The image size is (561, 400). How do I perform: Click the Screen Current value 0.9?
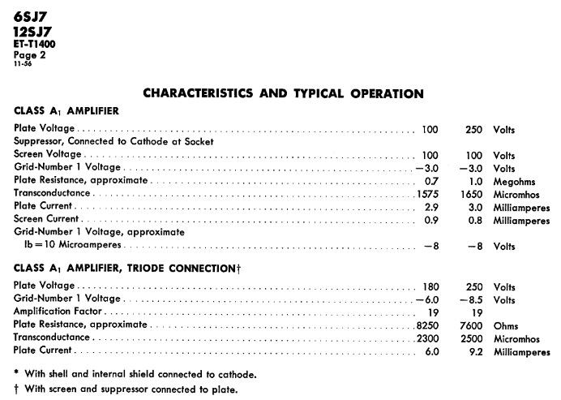[x=430, y=219]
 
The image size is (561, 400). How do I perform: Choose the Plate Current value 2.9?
[x=430, y=206]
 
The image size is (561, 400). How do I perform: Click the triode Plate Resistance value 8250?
[x=426, y=325]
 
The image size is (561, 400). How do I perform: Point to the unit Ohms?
[x=506, y=325]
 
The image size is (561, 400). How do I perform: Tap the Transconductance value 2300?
[x=426, y=338]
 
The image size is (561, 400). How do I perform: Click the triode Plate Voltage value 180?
[x=430, y=286]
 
